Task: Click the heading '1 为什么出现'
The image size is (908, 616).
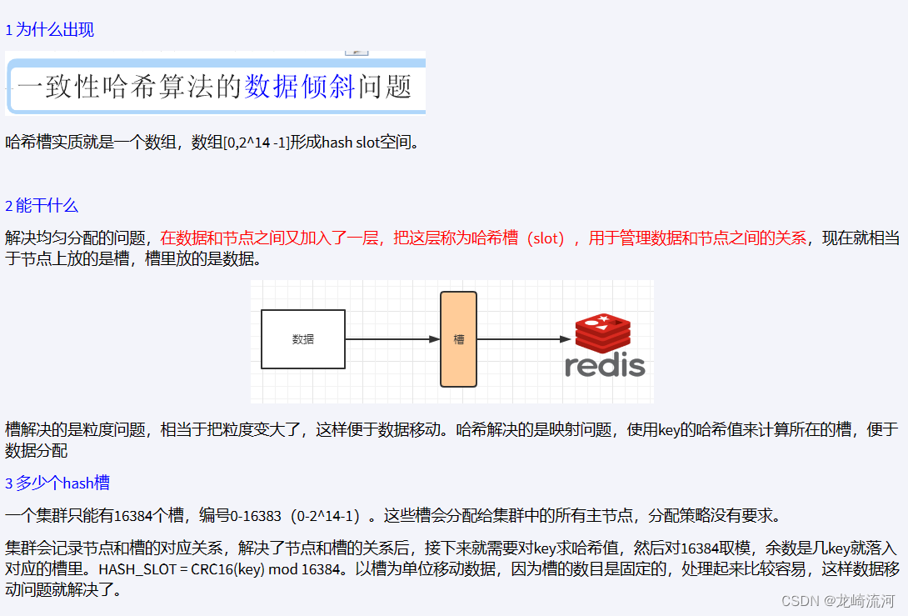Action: tap(50, 30)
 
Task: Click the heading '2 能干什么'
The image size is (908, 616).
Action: tap(42, 205)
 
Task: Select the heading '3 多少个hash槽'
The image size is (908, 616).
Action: tap(57, 483)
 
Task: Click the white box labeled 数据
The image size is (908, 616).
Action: tap(303, 339)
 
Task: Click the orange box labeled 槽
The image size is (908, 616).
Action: tap(458, 339)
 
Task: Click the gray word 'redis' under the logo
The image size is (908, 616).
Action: tap(605, 366)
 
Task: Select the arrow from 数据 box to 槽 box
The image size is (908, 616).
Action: tap(392, 339)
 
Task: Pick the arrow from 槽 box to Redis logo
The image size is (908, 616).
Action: tap(523, 339)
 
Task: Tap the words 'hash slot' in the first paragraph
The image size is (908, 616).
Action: tap(350, 143)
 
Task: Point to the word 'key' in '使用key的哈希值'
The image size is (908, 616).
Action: tap(671, 430)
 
